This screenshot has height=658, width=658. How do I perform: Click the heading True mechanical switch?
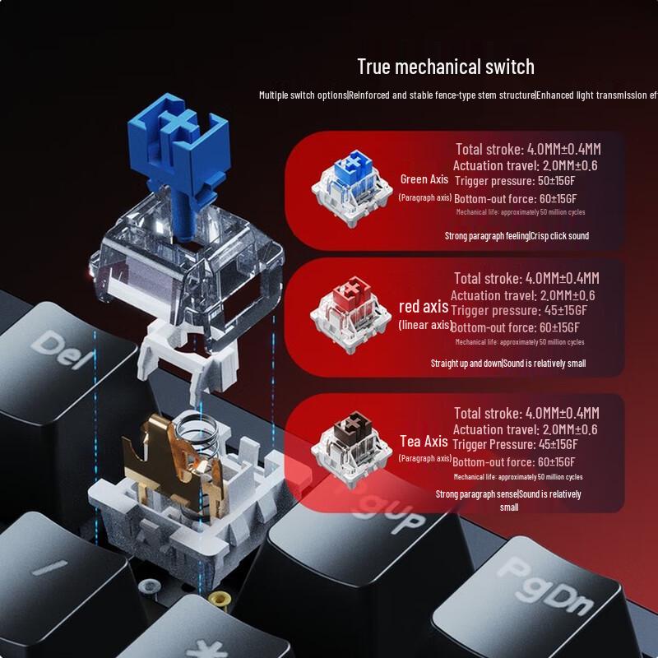(x=445, y=67)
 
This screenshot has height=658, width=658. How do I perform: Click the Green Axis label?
(x=425, y=178)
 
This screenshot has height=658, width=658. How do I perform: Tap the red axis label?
(x=424, y=307)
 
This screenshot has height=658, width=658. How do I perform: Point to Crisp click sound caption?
(x=561, y=236)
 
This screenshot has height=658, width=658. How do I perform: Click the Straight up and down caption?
(x=466, y=363)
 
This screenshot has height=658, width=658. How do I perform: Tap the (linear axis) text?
(x=425, y=325)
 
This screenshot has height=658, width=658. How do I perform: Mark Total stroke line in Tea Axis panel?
(x=526, y=413)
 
